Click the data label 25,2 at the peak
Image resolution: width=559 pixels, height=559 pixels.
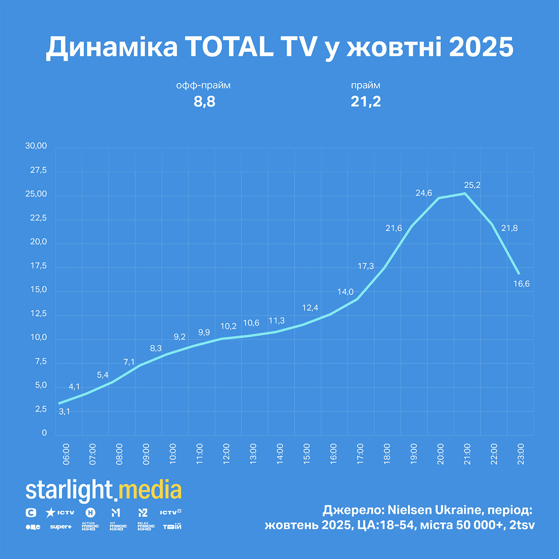click(472, 185)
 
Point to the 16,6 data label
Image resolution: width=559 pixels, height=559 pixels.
click(521, 284)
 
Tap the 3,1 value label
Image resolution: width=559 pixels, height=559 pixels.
click(64, 411)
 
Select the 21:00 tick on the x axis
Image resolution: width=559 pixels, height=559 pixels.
click(467, 454)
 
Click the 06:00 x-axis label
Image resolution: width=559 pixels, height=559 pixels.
click(66, 454)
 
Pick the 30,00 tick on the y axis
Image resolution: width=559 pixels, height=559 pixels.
click(36, 146)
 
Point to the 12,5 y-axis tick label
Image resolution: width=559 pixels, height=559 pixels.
click(38, 314)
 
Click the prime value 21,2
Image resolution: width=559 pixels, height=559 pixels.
click(366, 102)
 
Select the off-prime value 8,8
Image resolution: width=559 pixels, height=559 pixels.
click(205, 102)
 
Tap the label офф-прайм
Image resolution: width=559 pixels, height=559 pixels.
click(203, 86)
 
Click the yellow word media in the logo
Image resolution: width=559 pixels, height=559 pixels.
click(150, 491)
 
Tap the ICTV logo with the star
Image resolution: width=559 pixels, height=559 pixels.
click(60, 513)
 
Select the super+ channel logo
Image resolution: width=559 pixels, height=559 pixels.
click(61, 527)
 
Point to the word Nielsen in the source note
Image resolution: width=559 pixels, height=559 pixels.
click(410, 510)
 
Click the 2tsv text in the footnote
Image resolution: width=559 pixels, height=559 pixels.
click(522, 525)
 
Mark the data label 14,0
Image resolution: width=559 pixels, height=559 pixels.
click(345, 292)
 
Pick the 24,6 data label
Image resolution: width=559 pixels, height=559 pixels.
click(423, 193)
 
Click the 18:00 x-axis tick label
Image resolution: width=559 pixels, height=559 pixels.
click(387, 454)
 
